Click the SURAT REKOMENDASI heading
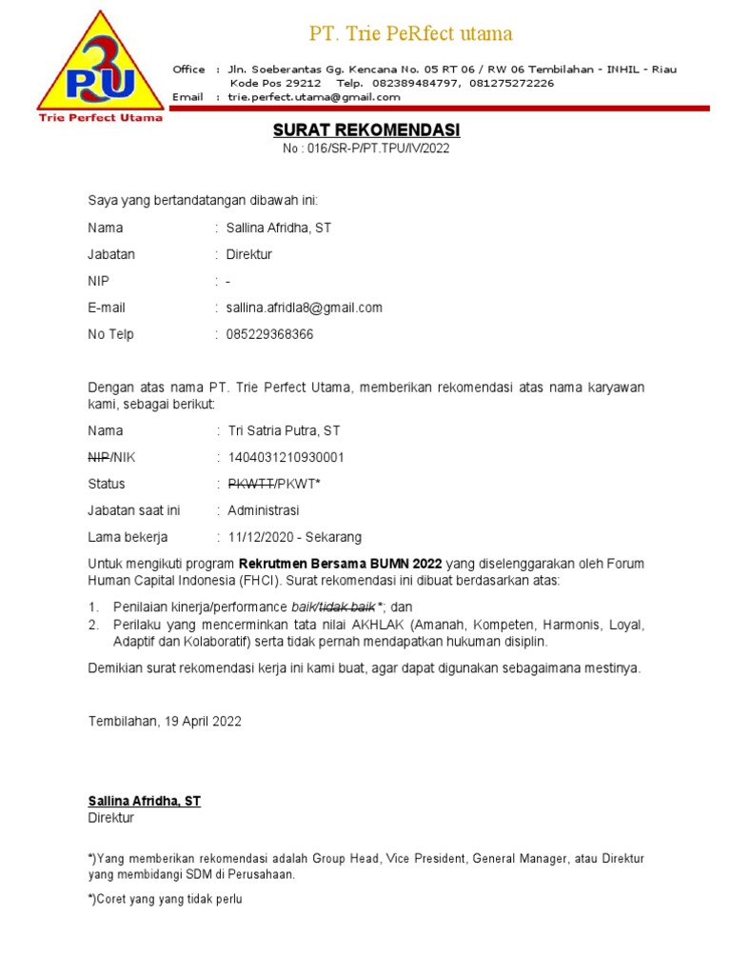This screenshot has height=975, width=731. click(x=366, y=129)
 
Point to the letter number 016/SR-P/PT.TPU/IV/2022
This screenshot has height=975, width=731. click(x=366, y=149)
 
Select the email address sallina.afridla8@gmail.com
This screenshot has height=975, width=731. click(x=305, y=308)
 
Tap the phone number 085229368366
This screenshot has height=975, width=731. click(x=270, y=334)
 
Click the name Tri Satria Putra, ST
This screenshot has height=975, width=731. click(x=284, y=430)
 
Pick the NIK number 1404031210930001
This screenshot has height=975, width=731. click(x=286, y=457)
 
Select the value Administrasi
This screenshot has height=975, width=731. click(x=264, y=510)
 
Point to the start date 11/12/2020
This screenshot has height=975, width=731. click(x=257, y=537)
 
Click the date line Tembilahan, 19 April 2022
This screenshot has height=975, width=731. click(x=165, y=721)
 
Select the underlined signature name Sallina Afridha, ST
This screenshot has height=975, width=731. click(x=145, y=801)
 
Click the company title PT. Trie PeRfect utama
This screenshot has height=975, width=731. click(x=411, y=34)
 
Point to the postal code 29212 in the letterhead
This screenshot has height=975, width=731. click(x=302, y=83)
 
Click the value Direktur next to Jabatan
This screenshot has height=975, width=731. click(x=249, y=254)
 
